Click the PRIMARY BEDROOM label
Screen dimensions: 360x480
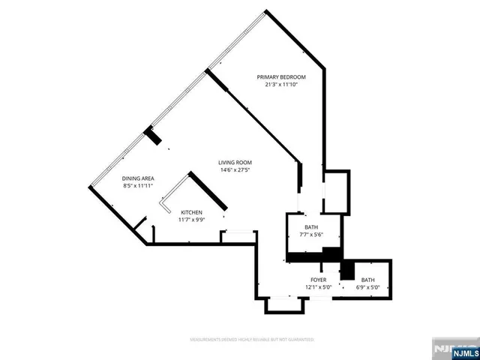281,77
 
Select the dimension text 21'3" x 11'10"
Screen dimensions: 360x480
281,85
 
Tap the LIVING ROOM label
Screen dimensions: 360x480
235,163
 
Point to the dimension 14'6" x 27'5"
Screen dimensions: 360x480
235,170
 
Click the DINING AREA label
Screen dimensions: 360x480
138,178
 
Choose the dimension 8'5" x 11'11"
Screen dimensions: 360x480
138,185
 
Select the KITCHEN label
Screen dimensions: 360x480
190,213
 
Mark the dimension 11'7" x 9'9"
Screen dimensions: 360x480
190,220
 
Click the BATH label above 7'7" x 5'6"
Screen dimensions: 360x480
311,227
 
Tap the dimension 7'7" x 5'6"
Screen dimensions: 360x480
311,235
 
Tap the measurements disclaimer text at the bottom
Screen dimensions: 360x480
252,340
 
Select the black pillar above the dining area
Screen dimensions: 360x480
153,136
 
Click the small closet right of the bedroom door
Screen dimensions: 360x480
336,192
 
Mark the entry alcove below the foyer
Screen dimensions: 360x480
285,304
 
